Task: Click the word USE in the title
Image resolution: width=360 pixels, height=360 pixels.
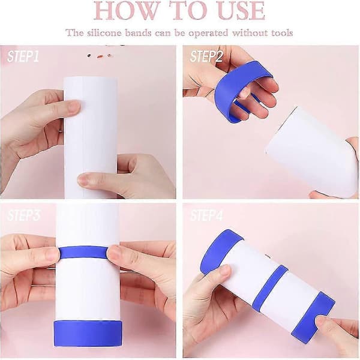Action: tap(241, 10)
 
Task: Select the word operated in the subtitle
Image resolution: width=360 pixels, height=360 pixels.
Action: tap(208, 33)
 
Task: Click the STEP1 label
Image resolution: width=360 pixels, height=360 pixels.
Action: tap(23, 56)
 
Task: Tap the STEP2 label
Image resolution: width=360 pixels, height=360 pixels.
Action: tap(206, 56)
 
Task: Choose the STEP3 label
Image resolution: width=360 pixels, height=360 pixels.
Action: tap(23, 215)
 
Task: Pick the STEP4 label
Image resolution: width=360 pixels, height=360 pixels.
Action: tap(206, 215)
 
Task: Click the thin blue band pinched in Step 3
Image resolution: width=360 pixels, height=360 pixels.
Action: tap(83, 253)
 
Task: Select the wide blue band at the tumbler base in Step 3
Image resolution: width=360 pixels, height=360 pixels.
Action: tap(88, 333)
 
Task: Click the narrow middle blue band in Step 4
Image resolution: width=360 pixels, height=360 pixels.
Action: tap(271, 287)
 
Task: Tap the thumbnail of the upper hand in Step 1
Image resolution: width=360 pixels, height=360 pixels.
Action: tap(74, 106)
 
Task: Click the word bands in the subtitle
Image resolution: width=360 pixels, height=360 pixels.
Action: tap(138, 33)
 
